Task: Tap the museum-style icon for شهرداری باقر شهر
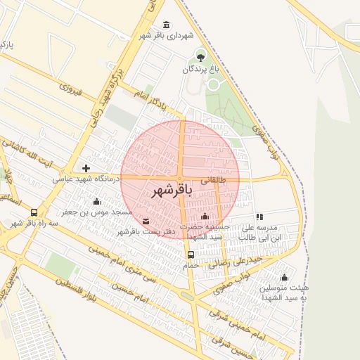166,25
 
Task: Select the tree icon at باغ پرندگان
201,57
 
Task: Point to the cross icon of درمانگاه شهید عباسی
86,168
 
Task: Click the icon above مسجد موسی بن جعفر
96,202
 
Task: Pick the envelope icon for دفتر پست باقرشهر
146,221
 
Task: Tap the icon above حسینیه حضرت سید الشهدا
205,216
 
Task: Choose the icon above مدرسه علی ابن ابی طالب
259,217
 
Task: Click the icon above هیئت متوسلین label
284,277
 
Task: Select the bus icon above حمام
191,254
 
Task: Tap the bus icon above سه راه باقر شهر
34,212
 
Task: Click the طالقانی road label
215,180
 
